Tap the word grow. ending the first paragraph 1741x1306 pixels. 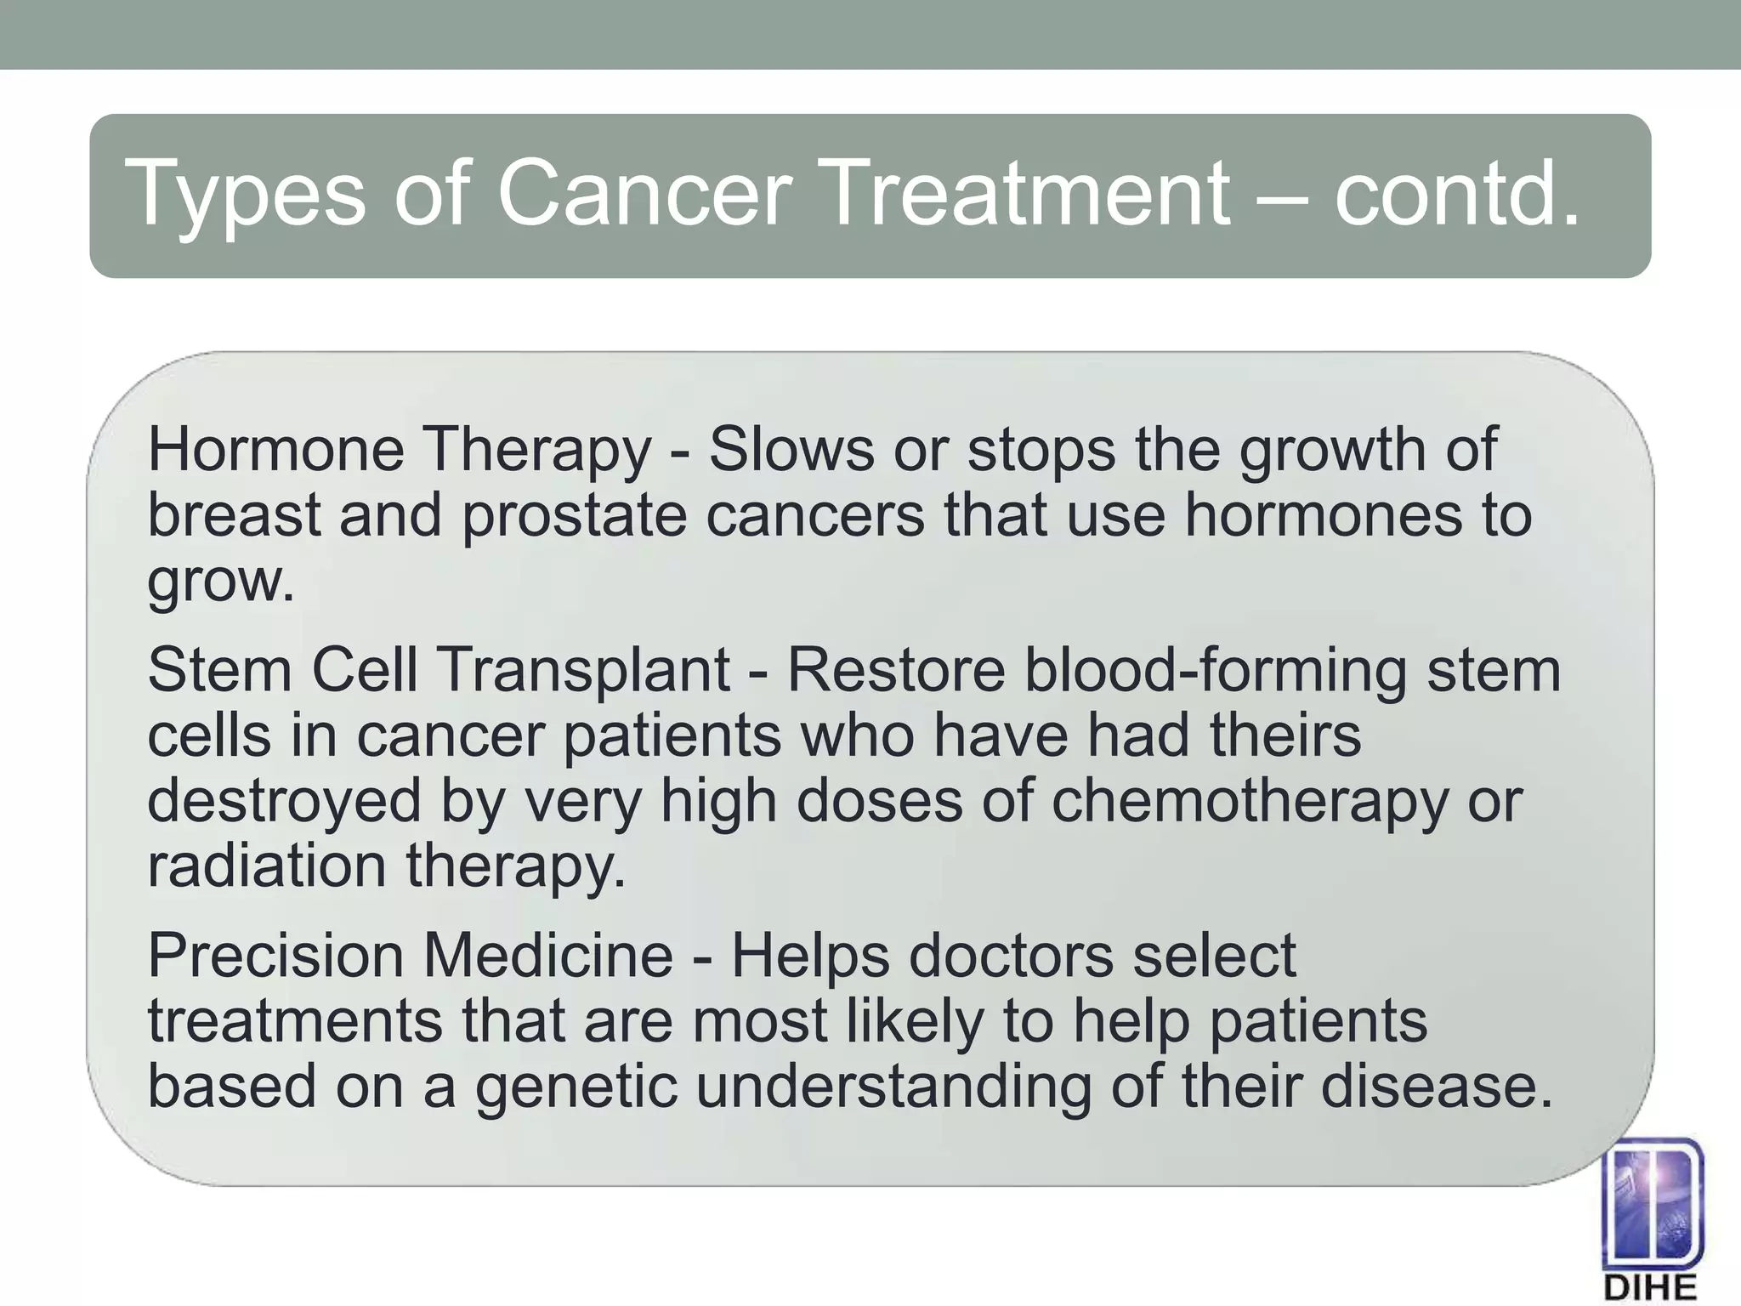(221, 582)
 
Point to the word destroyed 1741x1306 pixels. (284, 801)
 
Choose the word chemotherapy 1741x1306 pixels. (1249, 801)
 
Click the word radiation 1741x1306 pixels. (267, 866)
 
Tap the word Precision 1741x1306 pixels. (275, 956)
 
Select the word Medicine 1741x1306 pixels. (548, 956)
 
